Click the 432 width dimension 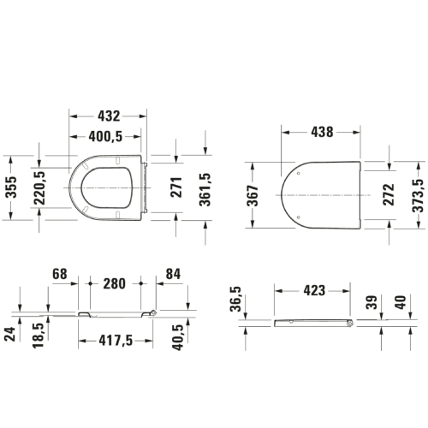click(x=109, y=116)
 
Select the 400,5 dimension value click(x=105, y=137)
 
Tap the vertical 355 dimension click(x=12, y=187)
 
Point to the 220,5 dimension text click(x=39, y=188)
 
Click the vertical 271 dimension click(x=176, y=187)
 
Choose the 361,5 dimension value click(x=205, y=190)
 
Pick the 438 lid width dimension click(x=322, y=132)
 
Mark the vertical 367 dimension click(x=253, y=195)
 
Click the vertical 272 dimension click(x=389, y=195)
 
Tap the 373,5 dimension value click(x=418, y=195)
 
